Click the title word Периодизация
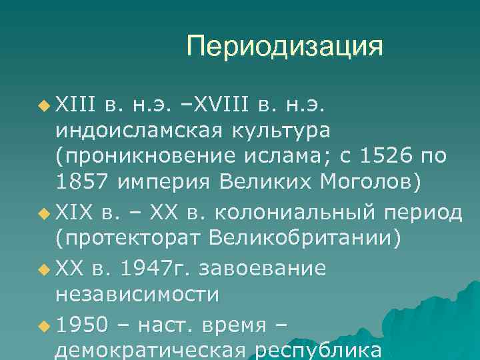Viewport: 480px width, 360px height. [285, 47]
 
